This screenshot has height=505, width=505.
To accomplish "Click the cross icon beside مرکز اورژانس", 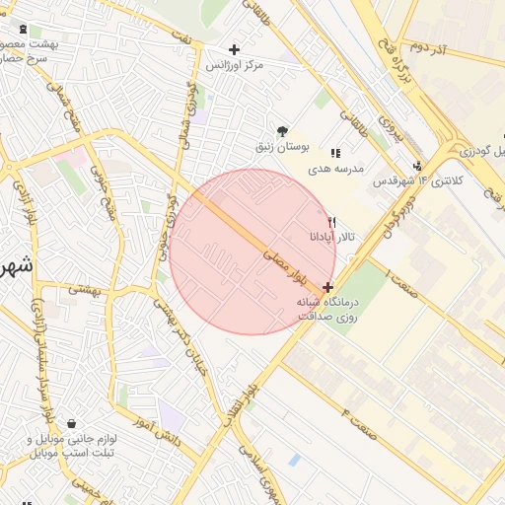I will point(234,49).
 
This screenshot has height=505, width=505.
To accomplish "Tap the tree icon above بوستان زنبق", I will point(284,130).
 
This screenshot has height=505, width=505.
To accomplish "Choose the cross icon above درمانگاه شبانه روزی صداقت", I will point(327,287).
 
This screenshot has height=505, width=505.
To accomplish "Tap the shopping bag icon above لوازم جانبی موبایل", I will point(72,424).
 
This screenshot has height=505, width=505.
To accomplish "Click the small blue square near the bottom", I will point(294,460).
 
